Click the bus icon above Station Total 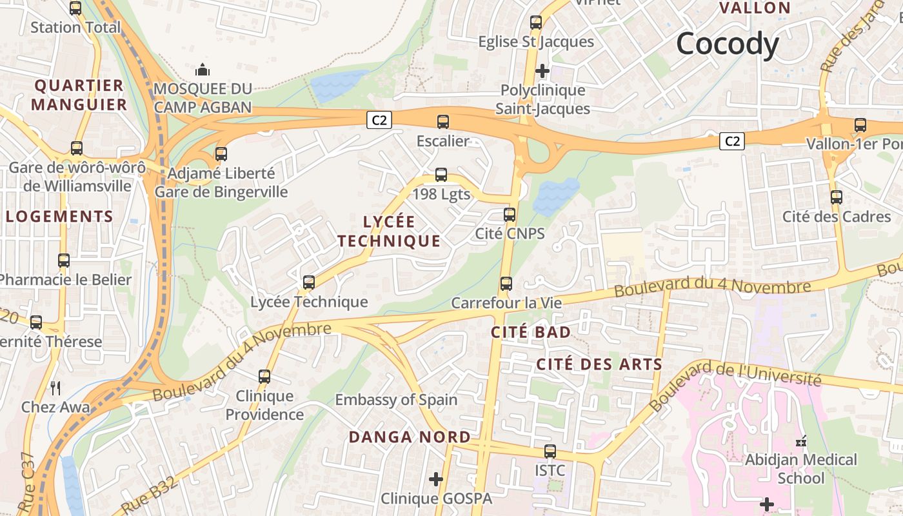(x=75, y=8)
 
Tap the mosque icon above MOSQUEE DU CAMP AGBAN (x=203, y=69)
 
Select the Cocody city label (x=728, y=44)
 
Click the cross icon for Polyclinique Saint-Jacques (x=542, y=70)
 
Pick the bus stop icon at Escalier (x=442, y=121)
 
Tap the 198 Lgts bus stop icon (x=441, y=174)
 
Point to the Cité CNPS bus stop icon (x=510, y=214)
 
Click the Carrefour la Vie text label (x=506, y=303)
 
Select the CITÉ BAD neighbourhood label (x=531, y=332)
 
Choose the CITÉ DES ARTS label (x=599, y=364)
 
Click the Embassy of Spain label (x=396, y=400)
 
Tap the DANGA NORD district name (x=410, y=437)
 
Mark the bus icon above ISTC (x=550, y=451)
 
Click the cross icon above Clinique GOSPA (x=437, y=479)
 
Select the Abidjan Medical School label (x=801, y=469)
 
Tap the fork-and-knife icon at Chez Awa (x=55, y=388)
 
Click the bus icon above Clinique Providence (x=264, y=376)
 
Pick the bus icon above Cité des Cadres (x=837, y=197)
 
